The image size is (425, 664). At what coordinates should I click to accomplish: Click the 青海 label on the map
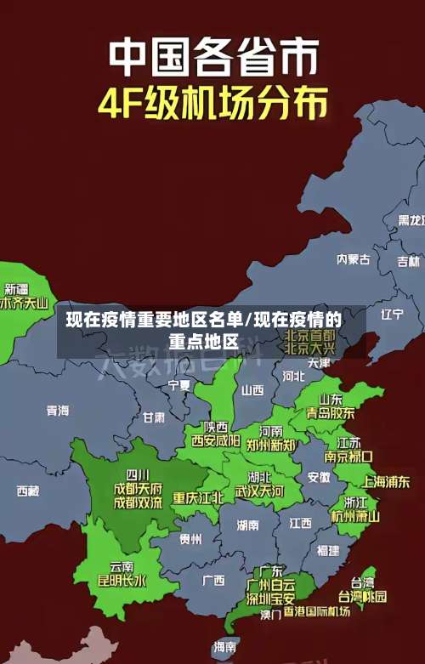click(x=58, y=411)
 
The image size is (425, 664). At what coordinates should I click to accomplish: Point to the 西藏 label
click(x=28, y=491)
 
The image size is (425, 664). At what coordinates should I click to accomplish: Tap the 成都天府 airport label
click(x=138, y=488)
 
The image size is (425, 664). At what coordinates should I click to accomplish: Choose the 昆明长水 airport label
click(x=122, y=581)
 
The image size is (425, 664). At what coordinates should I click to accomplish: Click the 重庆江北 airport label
click(x=198, y=497)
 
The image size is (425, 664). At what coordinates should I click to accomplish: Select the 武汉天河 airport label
click(x=259, y=491)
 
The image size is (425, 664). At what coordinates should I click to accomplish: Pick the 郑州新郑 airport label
click(x=271, y=445)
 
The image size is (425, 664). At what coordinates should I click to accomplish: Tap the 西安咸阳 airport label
click(x=215, y=440)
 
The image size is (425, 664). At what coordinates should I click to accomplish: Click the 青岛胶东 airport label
click(x=331, y=412)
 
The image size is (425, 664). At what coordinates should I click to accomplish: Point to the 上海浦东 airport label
click(x=386, y=481)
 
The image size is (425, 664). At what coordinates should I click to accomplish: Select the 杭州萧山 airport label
click(x=355, y=515)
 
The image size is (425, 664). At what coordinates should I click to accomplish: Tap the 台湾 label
click(x=362, y=582)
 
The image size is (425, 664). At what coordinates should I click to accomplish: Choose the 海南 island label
click(x=225, y=647)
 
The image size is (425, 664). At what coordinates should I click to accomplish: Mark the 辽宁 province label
click(x=392, y=315)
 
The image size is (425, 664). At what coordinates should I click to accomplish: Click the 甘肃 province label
click(x=154, y=417)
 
